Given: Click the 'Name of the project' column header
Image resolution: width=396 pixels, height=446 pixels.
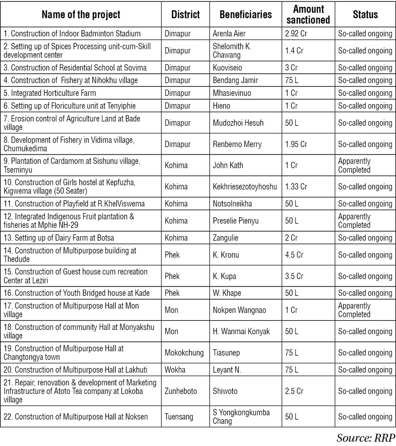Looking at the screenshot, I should (81, 15).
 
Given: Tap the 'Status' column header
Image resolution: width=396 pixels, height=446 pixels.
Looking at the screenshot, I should (365, 15).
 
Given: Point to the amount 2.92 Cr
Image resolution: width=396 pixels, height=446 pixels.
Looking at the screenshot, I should (296, 34).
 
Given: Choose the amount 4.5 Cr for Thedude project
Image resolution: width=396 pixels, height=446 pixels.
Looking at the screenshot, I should (294, 255).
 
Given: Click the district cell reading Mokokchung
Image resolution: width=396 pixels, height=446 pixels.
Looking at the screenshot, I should (184, 353).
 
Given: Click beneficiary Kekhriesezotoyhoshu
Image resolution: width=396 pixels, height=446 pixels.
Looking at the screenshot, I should (244, 187).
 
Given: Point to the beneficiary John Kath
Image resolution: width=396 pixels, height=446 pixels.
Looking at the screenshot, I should (228, 166).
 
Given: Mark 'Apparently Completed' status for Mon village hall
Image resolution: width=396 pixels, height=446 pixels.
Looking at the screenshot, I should (354, 310).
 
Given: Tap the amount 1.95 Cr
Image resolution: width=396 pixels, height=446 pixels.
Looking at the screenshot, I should (296, 144).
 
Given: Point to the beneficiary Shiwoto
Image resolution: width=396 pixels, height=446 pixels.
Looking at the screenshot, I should (225, 391).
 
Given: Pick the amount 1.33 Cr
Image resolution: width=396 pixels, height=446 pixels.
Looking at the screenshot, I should (296, 187).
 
